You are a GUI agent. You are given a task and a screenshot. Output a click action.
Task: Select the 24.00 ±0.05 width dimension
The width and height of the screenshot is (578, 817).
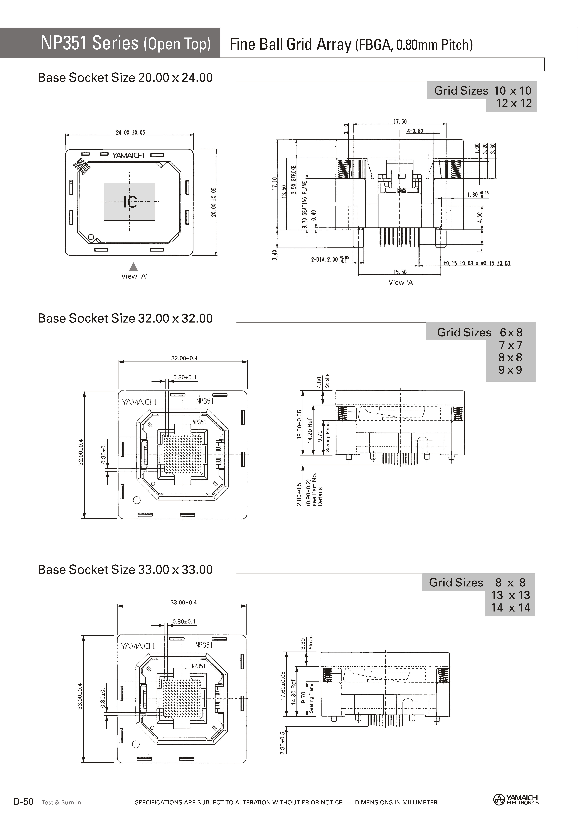tap(130, 132)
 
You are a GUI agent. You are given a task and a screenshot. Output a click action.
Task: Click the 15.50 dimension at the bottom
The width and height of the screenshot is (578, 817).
tap(400, 272)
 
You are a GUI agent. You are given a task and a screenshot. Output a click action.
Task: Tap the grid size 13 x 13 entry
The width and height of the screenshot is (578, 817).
tap(510, 595)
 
